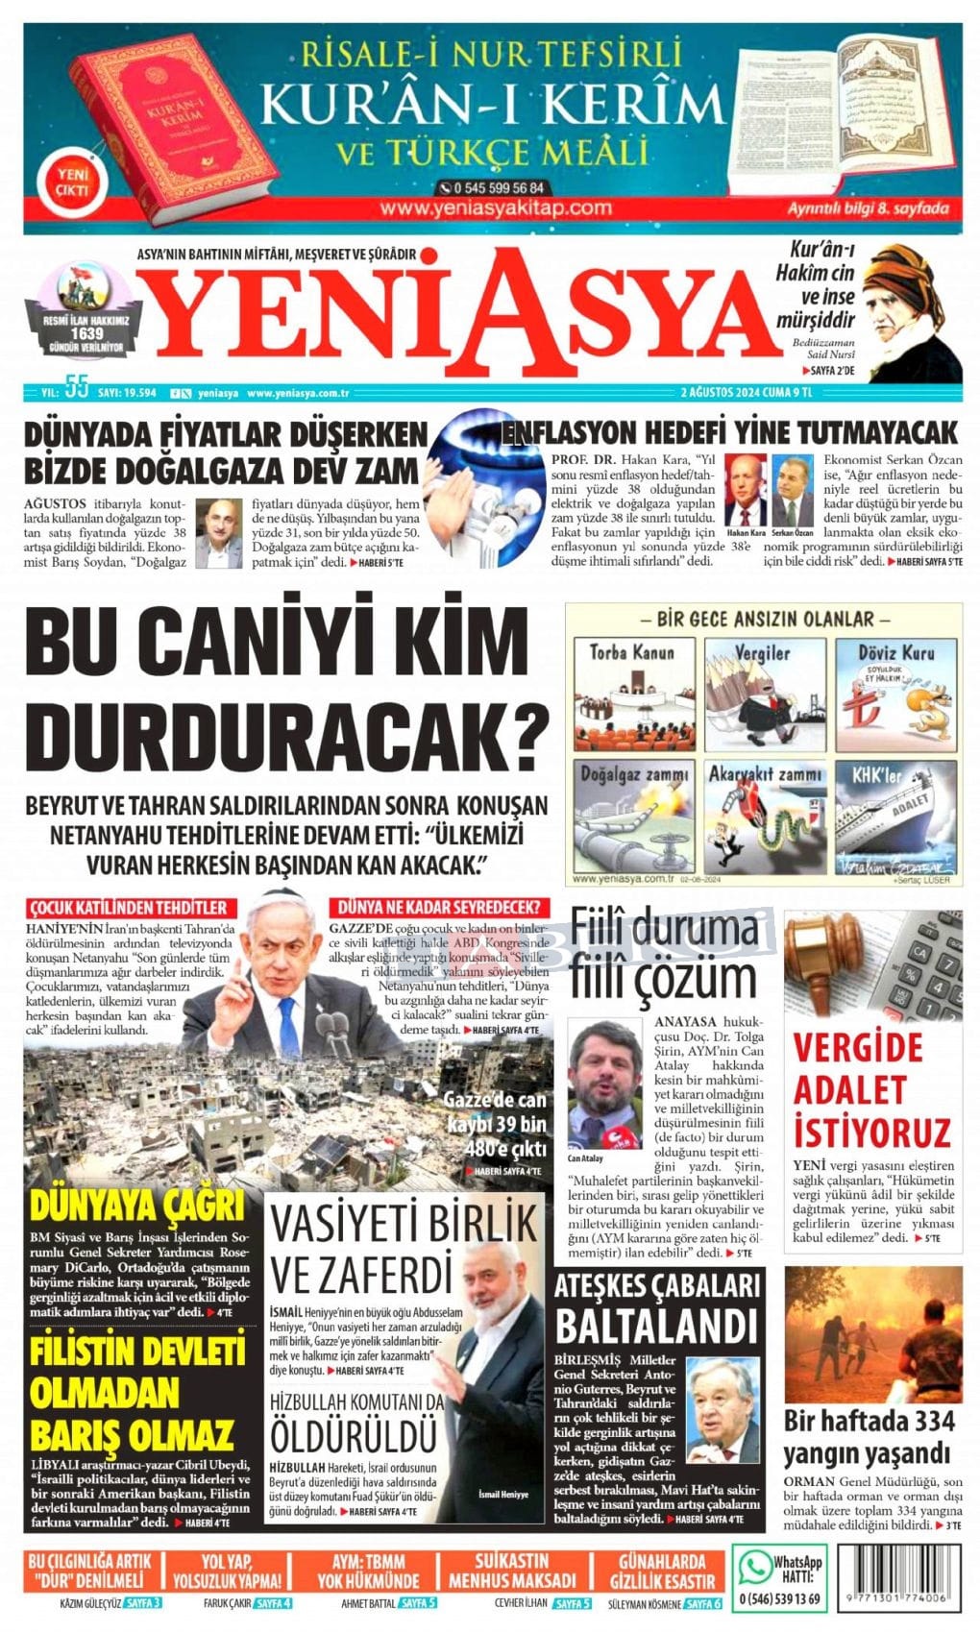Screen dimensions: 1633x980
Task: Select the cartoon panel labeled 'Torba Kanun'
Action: tap(633, 694)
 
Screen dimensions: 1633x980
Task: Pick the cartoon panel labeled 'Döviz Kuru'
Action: tap(895, 694)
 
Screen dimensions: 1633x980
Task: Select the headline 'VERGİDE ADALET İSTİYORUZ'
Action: tap(870, 1090)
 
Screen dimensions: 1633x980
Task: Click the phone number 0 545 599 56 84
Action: tap(493, 188)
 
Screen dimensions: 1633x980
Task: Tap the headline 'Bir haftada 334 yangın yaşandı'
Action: tap(869, 1436)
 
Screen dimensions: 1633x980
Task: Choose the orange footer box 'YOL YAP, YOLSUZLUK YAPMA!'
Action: tap(228, 1571)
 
